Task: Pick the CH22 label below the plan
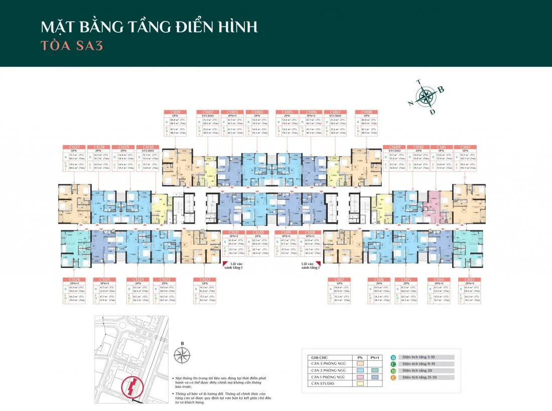coord(205,279)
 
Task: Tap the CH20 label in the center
coord(258,233)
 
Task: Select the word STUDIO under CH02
coord(208,115)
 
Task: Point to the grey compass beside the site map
coord(182,355)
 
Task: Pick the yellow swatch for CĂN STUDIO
coord(360,383)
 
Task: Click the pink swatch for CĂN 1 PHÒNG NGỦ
coord(360,377)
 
